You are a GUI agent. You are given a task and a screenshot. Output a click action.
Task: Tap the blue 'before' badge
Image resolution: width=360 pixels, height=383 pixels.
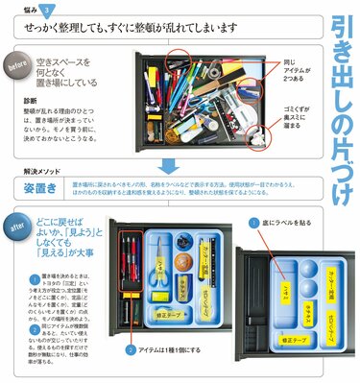(18, 68)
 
